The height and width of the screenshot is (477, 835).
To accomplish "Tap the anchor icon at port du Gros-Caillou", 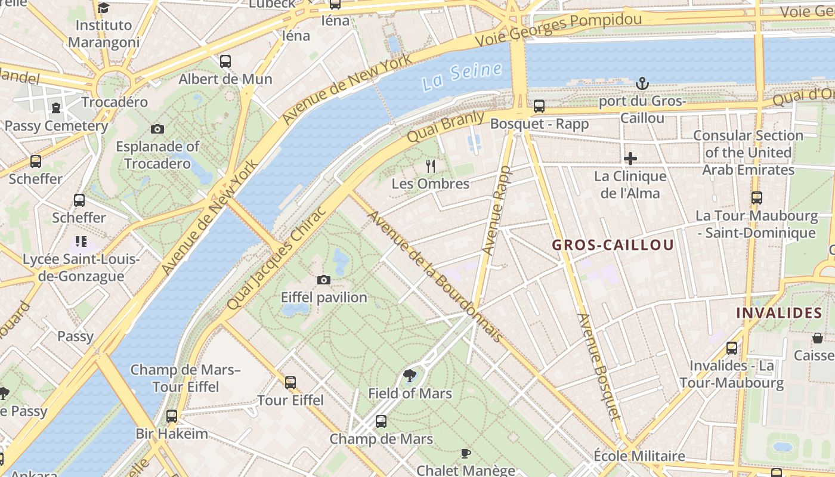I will point(642,83).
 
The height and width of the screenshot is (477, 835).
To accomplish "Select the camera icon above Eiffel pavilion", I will point(324,280).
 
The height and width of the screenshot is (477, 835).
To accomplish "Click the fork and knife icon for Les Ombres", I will point(431,166).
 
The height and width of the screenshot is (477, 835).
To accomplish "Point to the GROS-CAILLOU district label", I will point(613,245).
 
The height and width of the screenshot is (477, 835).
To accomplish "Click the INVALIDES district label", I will point(779,313).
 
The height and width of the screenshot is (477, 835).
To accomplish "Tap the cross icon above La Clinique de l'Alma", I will point(630,159).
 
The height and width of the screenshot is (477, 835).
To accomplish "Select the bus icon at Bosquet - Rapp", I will point(539,106).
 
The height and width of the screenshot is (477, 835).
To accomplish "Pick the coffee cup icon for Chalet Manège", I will point(466,453).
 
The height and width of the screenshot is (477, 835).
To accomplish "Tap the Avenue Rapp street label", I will point(497,210).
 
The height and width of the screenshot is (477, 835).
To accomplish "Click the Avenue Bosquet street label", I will point(599,367).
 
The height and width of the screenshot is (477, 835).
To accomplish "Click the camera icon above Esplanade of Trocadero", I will point(157,129).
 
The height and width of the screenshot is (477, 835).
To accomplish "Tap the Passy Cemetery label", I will point(56,126).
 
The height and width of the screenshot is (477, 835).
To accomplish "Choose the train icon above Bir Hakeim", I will point(172,416).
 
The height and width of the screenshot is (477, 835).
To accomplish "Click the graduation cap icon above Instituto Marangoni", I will point(104,8).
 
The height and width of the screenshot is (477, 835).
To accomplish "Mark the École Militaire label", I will point(639,456).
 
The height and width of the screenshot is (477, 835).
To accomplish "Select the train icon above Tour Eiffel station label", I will point(290,382).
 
